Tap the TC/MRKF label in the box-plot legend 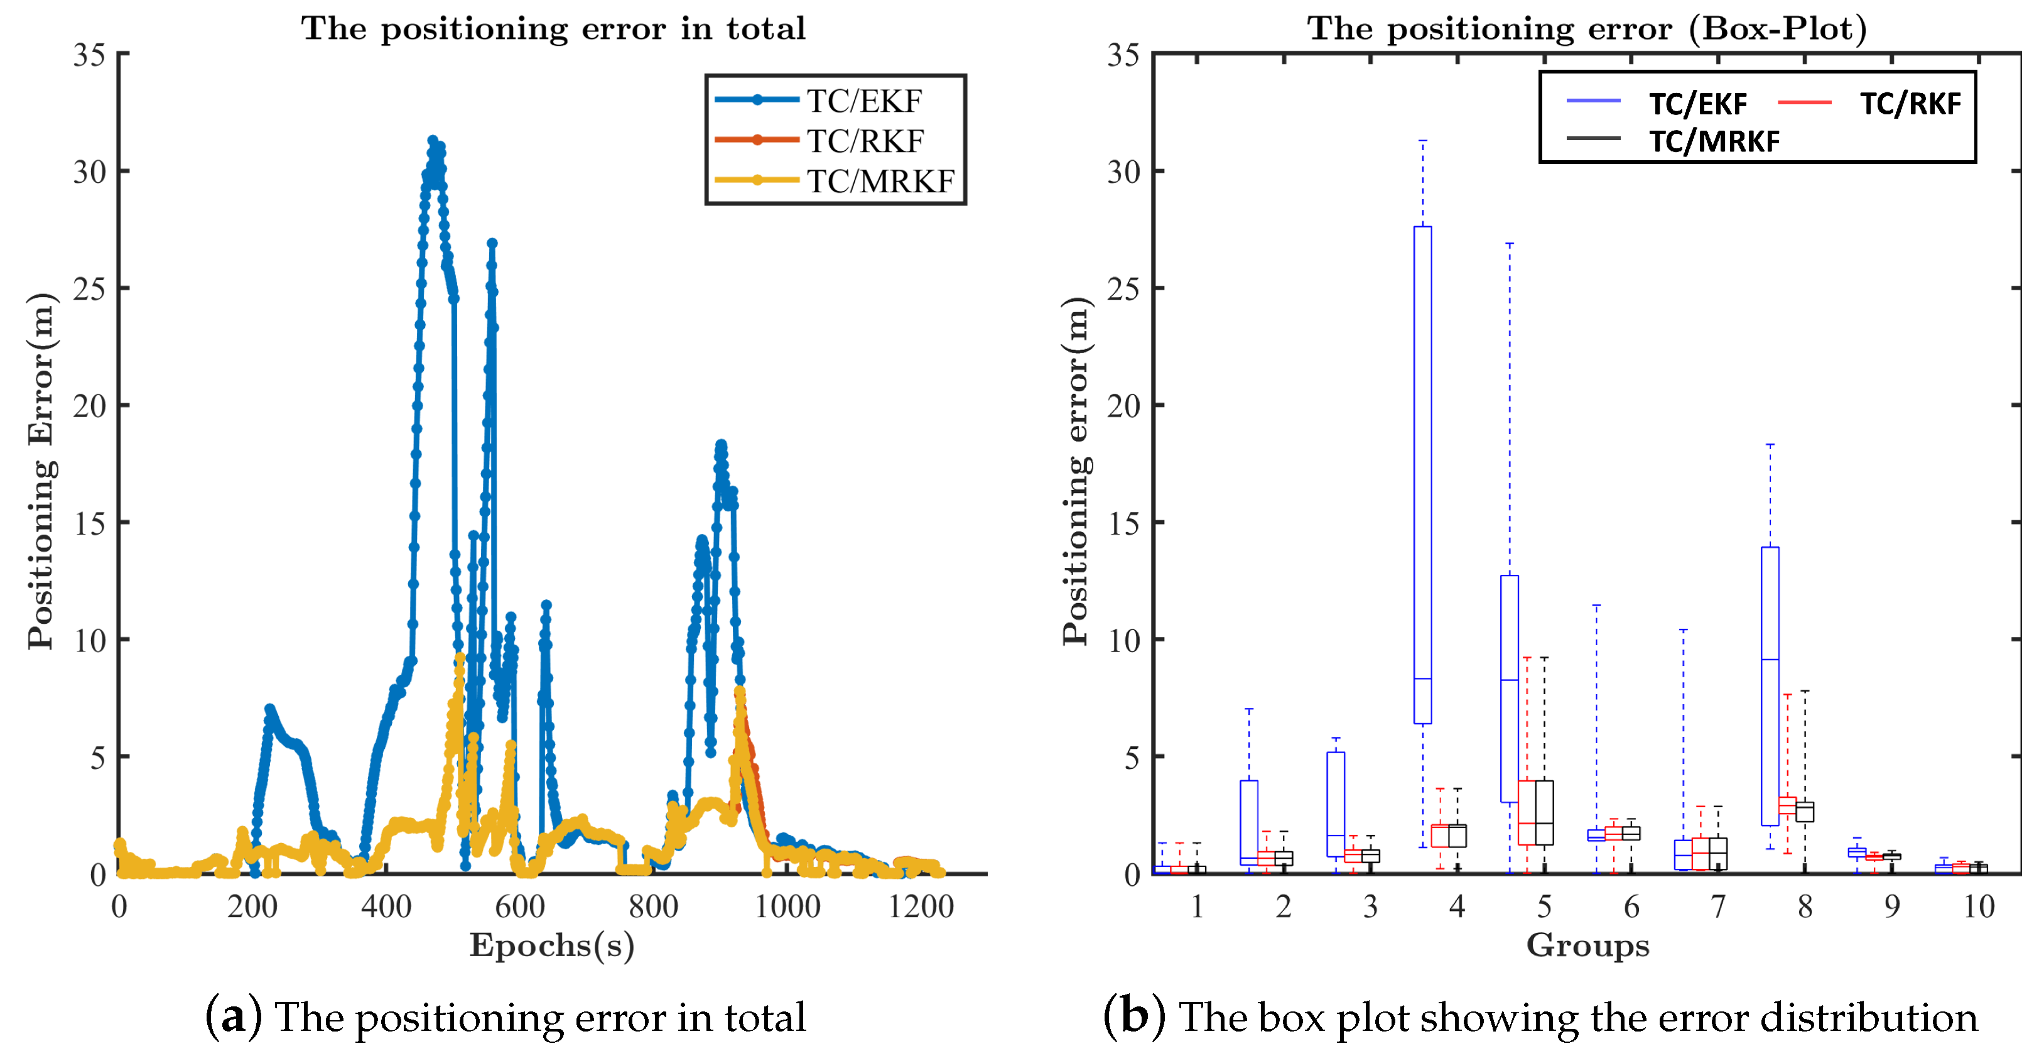1714,141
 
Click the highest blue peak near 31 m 433,141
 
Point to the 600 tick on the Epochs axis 520,907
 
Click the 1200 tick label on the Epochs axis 921,907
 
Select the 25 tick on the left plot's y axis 90,289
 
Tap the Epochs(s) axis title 551,945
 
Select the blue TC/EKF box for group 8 1770,687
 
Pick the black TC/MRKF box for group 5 1544,813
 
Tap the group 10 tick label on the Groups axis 1978,907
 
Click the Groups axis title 1587,945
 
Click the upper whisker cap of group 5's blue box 1509,244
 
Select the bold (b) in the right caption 1134,1016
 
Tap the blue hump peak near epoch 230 270,708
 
